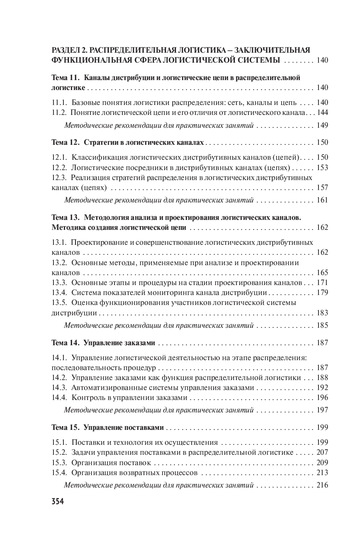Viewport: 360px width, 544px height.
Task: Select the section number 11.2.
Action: tap(58, 112)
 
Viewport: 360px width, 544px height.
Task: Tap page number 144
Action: tap(322, 112)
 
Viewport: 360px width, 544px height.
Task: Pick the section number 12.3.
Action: tap(58, 178)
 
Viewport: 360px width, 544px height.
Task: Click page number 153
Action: tap(322, 168)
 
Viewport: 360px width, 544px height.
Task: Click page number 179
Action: tap(322, 293)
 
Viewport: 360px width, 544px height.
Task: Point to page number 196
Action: tap(322, 398)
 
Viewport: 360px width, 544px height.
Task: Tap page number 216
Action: tap(322, 485)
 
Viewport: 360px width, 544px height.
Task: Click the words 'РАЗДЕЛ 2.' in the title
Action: tap(69, 51)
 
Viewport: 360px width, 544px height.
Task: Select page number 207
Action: tap(322, 453)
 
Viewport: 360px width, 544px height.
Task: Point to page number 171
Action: tap(322, 283)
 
